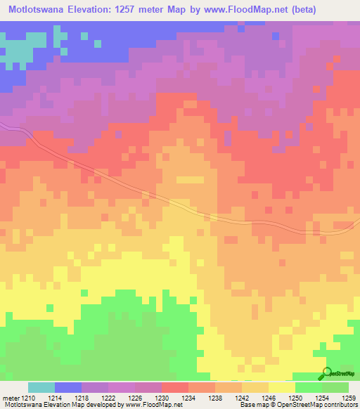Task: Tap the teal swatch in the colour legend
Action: (x=41, y=387)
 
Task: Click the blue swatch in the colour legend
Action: (x=68, y=387)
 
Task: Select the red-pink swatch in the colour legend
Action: (x=175, y=387)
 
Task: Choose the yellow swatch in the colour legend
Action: (x=282, y=387)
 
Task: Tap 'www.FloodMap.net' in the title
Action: (x=236, y=10)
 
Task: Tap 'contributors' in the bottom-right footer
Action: (x=340, y=405)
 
